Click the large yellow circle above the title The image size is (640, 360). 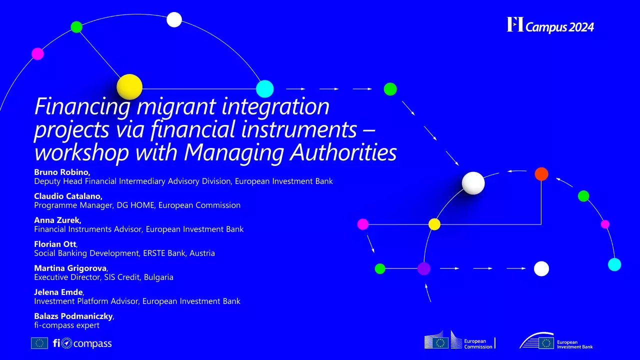tap(129, 87)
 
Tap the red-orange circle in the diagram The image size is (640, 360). tap(541, 174)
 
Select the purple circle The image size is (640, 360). tap(424, 268)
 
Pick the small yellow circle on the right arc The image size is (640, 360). tap(434, 224)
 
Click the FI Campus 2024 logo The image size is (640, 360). tap(550, 25)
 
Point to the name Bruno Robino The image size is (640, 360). tap(61, 172)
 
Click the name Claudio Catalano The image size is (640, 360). tap(68, 196)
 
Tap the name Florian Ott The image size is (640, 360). tap(55, 244)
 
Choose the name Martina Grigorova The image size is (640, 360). tap(70, 268)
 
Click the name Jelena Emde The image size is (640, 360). tap(58, 292)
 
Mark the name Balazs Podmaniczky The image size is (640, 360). tap(73, 316)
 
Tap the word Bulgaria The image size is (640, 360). tap(158, 277)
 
